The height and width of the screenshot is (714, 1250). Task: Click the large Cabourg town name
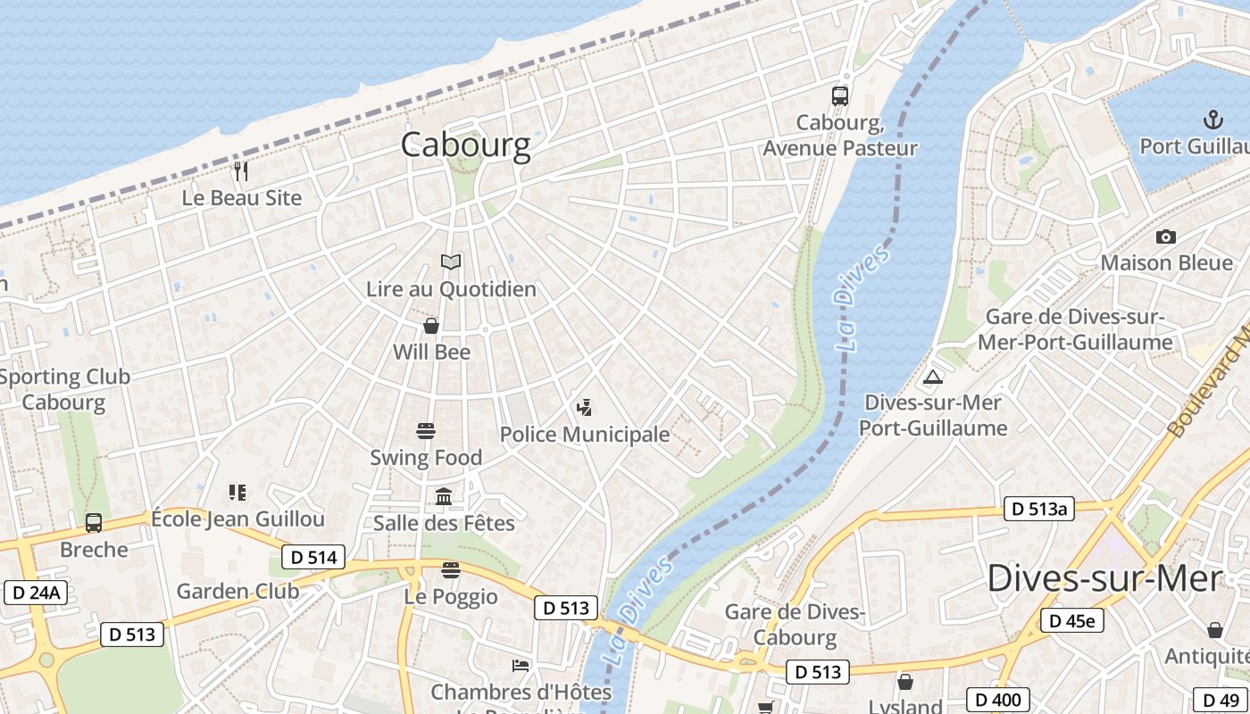tap(465, 145)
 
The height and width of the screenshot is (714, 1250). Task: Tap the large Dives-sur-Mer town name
tap(1104, 578)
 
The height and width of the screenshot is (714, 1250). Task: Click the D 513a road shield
tap(1038, 509)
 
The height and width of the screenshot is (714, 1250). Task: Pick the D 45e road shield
tap(1071, 620)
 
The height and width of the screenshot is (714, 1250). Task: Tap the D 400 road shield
tap(998, 700)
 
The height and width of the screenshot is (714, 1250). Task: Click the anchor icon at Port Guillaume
tap(1212, 119)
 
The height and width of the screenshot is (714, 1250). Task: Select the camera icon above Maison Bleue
tap(1165, 237)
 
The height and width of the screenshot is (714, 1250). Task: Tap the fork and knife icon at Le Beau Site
tap(240, 170)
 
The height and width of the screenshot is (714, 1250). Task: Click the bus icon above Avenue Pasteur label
tap(839, 95)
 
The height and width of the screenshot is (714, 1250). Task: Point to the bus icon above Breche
tap(94, 522)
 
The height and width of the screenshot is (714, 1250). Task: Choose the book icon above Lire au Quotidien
tap(451, 262)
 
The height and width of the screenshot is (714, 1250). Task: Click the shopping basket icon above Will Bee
tap(431, 325)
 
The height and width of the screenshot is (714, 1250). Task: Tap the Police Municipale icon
tap(584, 408)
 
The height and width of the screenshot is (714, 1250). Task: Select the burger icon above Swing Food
tap(426, 431)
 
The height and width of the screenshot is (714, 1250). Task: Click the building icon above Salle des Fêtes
tap(444, 496)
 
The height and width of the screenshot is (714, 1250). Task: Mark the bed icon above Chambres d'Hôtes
tap(521, 665)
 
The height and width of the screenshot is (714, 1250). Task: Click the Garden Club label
tap(237, 591)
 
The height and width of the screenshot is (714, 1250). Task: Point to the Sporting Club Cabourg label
tap(64, 389)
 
